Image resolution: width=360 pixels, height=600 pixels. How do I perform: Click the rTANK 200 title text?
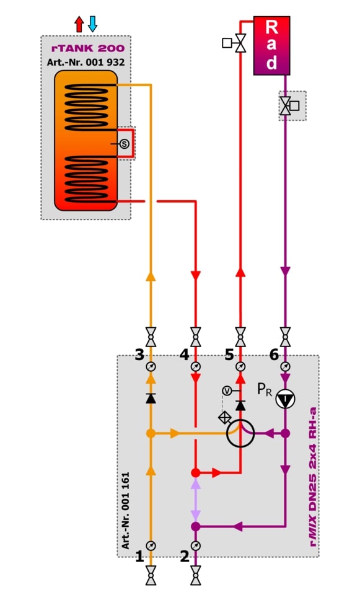(x=87, y=48)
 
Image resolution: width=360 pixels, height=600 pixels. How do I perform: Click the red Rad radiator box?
(x=271, y=45)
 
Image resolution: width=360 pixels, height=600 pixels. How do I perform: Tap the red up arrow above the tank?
(x=79, y=24)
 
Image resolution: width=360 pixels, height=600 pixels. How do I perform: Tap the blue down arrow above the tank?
(x=92, y=24)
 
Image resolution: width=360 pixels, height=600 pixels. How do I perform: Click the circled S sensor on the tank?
(x=125, y=144)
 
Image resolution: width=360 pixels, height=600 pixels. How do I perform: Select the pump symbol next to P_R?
(x=286, y=399)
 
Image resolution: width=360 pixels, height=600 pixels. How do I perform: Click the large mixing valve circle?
(x=240, y=433)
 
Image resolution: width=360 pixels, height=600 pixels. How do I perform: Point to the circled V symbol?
(x=227, y=391)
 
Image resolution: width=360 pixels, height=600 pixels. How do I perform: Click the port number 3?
(x=139, y=355)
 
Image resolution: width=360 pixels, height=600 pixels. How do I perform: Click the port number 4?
(x=185, y=355)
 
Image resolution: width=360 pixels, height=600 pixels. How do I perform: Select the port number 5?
(x=229, y=355)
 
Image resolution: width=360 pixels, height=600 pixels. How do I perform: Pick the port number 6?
(x=274, y=355)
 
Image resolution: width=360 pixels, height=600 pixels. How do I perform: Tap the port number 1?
(x=139, y=557)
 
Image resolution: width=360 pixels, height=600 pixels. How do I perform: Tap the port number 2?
(x=185, y=557)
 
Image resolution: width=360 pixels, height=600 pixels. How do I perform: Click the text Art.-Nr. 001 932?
(x=86, y=62)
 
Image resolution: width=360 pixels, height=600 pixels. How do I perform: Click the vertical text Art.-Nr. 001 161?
(x=126, y=511)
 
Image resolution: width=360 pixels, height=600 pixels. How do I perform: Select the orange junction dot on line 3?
(x=151, y=433)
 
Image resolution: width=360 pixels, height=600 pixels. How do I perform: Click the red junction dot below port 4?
(x=196, y=473)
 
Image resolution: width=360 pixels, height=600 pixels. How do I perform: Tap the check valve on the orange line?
(x=151, y=398)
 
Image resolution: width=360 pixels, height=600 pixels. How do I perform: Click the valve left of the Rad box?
(x=235, y=43)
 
